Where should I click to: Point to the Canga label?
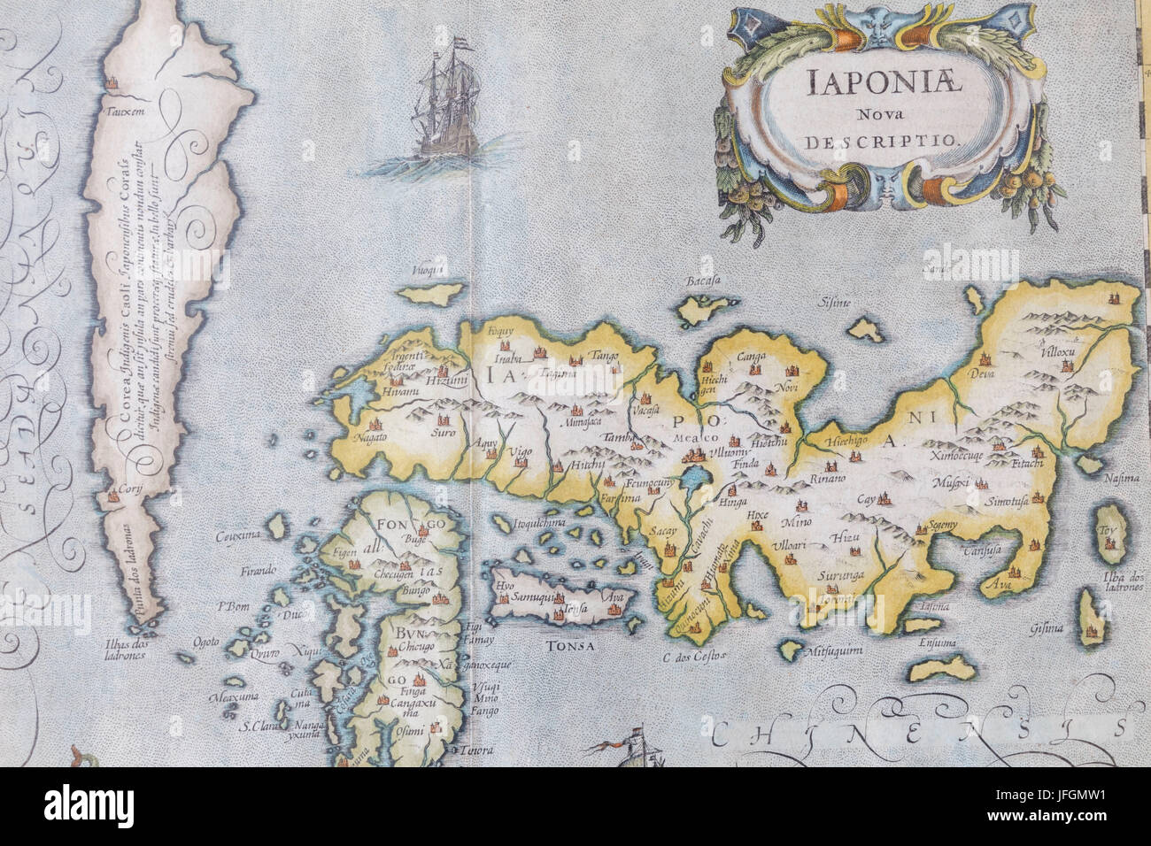point(751,358)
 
